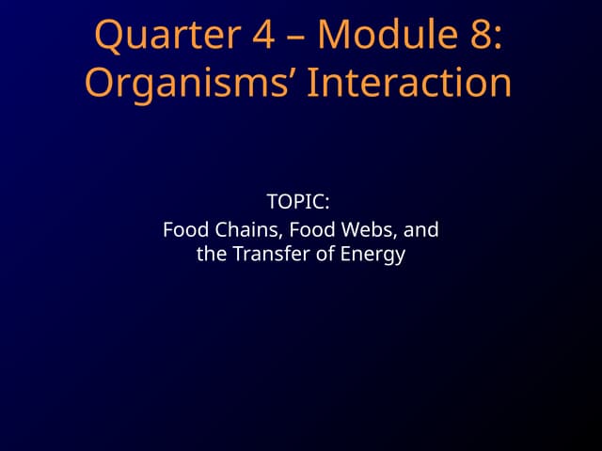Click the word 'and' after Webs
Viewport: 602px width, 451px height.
tap(422, 228)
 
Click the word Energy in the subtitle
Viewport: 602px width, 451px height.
tap(373, 255)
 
